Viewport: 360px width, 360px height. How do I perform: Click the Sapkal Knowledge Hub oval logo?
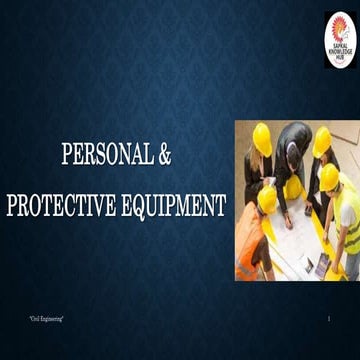(340, 39)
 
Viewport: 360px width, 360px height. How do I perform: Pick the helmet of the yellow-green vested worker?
(329, 178)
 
